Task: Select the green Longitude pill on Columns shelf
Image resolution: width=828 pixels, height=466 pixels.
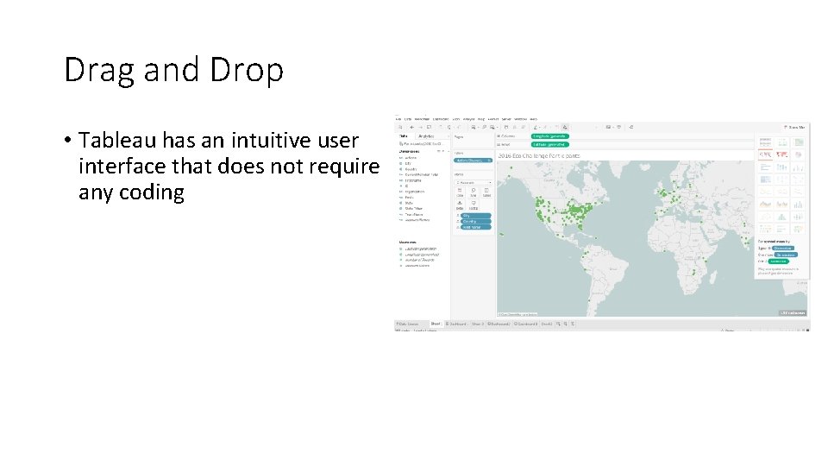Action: point(550,136)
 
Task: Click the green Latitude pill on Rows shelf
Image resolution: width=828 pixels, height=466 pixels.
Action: point(549,144)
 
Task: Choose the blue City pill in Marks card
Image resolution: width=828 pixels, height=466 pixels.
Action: point(475,216)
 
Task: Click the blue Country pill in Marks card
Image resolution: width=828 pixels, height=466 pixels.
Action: point(475,222)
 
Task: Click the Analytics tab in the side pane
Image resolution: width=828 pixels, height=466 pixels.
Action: point(427,136)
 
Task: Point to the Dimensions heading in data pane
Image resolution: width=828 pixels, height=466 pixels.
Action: point(410,151)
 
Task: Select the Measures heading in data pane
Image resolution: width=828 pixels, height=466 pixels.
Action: point(408,242)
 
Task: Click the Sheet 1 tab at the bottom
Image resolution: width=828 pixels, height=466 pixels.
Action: point(436,324)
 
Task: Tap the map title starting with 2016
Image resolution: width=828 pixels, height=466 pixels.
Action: point(538,156)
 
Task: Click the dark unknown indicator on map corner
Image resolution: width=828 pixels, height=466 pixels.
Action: point(792,312)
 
